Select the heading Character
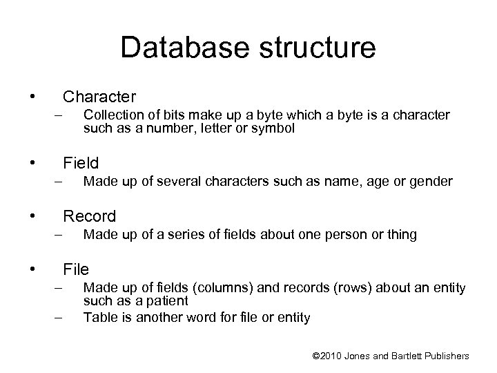pos(99,95)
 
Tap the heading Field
pos(81,164)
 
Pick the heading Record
pos(90,216)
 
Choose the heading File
pos(76,269)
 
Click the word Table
pos(97,318)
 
